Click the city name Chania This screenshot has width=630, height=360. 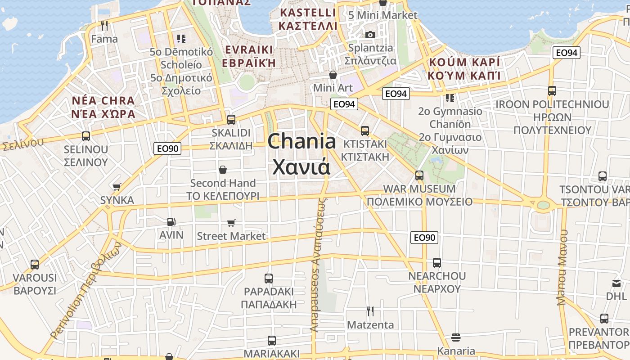tap(301, 142)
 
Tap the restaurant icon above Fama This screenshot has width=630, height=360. tap(104, 26)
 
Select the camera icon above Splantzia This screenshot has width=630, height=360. tap(370, 35)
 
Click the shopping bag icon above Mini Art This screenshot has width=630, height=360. tap(333, 74)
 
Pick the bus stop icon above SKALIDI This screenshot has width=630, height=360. tap(231, 120)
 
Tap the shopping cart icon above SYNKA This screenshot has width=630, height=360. tap(117, 187)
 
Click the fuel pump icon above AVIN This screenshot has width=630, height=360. tap(171, 221)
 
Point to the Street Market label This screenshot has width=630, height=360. tap(231, 236)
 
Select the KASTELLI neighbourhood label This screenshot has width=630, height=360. tap(308, 19)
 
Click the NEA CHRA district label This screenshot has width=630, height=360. tap(103, 107)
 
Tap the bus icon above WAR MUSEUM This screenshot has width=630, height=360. tap(419, 175)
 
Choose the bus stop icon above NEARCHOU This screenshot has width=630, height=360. tap(436, 263)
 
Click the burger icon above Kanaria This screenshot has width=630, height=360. tap(455, 337)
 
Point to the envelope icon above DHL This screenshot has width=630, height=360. tap(616, 283)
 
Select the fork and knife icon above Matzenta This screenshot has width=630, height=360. tap(370, 311)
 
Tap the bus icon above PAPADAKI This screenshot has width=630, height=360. tap(269, 278)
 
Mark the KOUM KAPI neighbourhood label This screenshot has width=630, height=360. tap(464, 68)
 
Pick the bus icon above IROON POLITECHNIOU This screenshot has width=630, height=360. tap(552, 91)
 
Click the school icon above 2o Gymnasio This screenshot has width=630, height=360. tap(449, 98)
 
